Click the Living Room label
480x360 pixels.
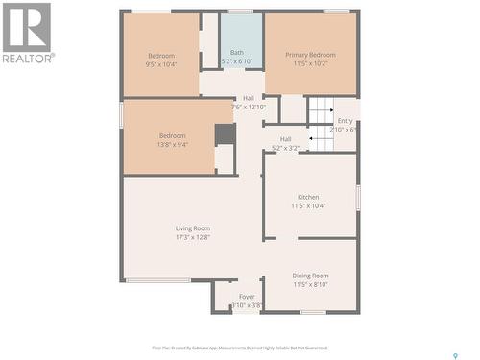193,228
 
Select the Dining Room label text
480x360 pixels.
310,276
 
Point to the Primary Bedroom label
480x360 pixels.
310,55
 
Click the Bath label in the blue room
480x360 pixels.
236,53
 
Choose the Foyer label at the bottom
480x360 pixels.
247,298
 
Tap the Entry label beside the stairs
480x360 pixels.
345,121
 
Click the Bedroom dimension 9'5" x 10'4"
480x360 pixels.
161,64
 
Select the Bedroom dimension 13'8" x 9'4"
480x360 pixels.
173,145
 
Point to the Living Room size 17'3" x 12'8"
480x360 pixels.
193,237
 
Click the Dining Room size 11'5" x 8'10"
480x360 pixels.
310,284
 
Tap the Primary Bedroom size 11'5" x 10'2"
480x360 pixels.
310,64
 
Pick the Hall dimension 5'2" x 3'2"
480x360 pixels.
285,148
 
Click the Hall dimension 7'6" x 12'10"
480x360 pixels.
248,107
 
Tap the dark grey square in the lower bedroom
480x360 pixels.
225,133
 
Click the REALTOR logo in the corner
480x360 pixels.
28,33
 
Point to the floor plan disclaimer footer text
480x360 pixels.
239,348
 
